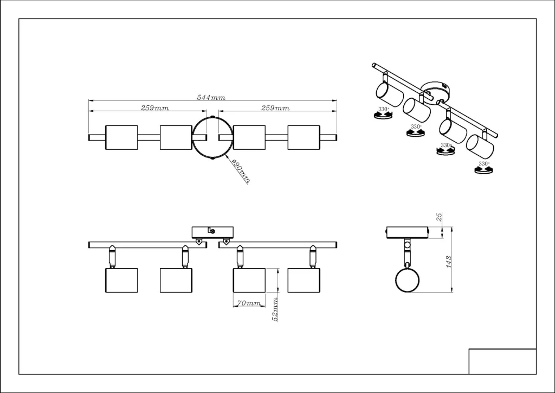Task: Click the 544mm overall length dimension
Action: pos(211,98)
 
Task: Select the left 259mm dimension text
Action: pos(155,108)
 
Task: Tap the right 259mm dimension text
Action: pos(275,108)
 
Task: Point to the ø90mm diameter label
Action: pos(240,172)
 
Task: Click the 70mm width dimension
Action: pos(249,303)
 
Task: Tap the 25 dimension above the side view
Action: pos(440,217)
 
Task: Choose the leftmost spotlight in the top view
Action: pos(121,137)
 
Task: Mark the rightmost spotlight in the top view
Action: pos(304,137)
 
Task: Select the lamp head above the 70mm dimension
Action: pos(249,280)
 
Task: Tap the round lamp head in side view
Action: pos(408,280)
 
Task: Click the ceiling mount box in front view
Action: pos(212,232)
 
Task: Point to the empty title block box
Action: pos(502,361)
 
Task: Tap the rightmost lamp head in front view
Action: pos(304,280)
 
